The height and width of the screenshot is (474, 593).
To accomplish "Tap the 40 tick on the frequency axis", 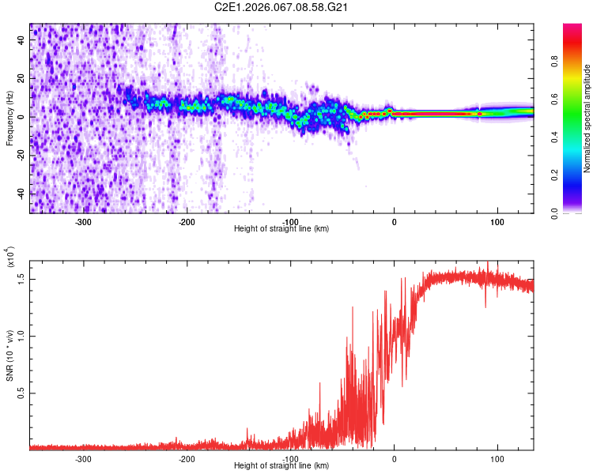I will pyautogui.click(x=22, y=40).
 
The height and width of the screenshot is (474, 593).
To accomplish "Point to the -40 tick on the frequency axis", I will pyautogui.click(x=21, y=194).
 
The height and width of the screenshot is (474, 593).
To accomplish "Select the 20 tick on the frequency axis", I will pyautogui.click(x=22, y=79).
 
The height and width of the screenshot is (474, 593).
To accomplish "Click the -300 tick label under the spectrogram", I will pyautogui.click(x=83, y=221).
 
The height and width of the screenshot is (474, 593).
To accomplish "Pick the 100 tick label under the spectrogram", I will pyautogui.click(x=497, y=221).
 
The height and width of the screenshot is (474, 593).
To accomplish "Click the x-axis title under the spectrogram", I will pyautogui.click(x=282, y=228).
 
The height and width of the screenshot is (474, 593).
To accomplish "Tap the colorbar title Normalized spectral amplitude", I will pyautogui.click(x=587, y=118).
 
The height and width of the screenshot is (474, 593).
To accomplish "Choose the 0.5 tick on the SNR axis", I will pyautogui.click(x=22, y=393).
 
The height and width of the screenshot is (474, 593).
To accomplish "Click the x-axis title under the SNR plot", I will pyautogui.click(x=282, y=465).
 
